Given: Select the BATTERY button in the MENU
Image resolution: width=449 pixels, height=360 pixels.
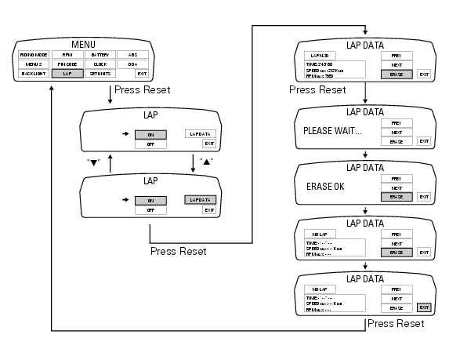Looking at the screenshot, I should tap(100, 54).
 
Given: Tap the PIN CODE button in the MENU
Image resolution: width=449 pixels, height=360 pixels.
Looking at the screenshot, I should tap(67, 64).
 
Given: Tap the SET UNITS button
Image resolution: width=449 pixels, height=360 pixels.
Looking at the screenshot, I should tap(100, 73).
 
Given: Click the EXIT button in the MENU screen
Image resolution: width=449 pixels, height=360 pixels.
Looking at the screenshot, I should tap(141, 73).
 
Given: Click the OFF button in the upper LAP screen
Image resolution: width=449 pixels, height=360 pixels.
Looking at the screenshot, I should tap(150, 144).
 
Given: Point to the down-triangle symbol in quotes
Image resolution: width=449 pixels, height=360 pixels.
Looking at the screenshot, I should tap(95, 162).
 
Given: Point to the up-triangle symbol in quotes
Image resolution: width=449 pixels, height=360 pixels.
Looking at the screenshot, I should tap(206, 162).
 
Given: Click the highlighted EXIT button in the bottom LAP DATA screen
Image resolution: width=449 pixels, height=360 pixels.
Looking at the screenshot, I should tap(423, 307).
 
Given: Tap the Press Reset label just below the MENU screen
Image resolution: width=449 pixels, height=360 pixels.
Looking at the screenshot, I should tap(142, 90).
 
